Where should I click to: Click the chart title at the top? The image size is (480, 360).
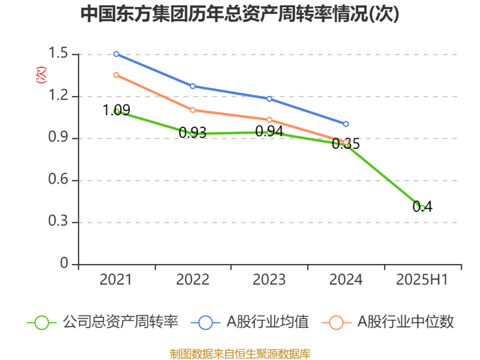(x=240, y=14)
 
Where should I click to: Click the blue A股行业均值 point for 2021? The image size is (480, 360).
(x=116, y=54)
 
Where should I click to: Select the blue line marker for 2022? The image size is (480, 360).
(x=193, y=86)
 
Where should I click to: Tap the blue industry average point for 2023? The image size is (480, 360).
(x=269, y=99)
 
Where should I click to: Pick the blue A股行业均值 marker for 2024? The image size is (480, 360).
(x=346, y=124)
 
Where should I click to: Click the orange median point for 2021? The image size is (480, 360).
(x=116, y=75)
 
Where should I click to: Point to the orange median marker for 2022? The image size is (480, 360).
(x=193, y=110)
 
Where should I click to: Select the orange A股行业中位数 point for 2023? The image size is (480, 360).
(x=269, y=120)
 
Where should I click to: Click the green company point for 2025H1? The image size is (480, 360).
(x=422, y=208)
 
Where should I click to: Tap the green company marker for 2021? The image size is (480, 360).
(x=116, y=111)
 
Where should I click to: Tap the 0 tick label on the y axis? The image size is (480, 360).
(x=65, y=264)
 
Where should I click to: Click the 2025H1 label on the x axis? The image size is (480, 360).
(x=422, y=280)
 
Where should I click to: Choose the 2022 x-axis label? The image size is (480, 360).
(x=193, y=280)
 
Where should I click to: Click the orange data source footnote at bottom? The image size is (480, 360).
(x=240, y=353)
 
